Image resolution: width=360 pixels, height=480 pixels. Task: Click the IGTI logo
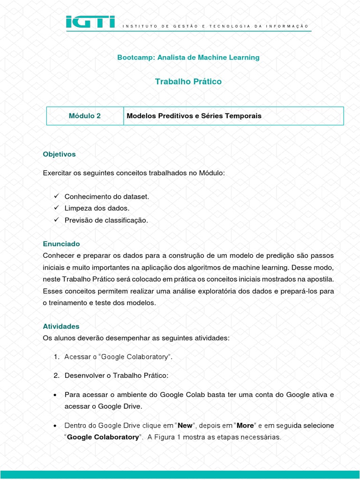(x=90, y=22)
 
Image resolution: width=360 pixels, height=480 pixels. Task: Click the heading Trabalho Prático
(x=188, y=82)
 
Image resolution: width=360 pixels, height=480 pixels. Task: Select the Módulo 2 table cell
(x=85, y=116)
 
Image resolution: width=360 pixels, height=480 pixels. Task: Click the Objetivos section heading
(x=59, y=154)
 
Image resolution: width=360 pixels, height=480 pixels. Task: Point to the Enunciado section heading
(x=61, y=244)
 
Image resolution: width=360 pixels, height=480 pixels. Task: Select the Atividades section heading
(x=61, y=326)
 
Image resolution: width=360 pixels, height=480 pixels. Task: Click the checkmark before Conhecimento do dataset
(x=56, y=196)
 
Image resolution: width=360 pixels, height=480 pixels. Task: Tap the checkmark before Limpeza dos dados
(x=56, y=208)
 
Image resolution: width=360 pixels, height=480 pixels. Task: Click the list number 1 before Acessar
(x=56, y=357)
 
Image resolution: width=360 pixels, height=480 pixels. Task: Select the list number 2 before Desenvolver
(x=56, y=376)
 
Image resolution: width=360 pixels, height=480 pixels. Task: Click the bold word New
(x=185, y=426)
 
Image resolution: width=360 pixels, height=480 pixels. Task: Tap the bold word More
(x=245, y=426)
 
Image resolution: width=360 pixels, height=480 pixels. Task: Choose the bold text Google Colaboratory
(x=103, y=437)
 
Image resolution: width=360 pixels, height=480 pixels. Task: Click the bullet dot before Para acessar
(x=55, y=395)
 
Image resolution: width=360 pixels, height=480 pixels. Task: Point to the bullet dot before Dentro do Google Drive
(x=55, y=426)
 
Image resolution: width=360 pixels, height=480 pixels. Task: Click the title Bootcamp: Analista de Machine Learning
(x=188, y=58)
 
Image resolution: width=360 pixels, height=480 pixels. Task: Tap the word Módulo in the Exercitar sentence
(x=212, y=173)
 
